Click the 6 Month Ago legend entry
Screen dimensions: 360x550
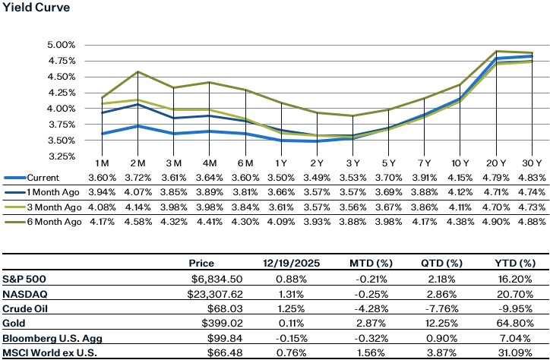pyautogui.click(x=48, y=223)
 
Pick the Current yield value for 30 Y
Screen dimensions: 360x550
pyautogui.click(x=530, y=177)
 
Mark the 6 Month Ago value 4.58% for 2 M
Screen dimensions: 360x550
pyautogui.click(x=137, y=223)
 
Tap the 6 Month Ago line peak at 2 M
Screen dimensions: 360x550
pyautogui.click(x=137, y=72)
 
